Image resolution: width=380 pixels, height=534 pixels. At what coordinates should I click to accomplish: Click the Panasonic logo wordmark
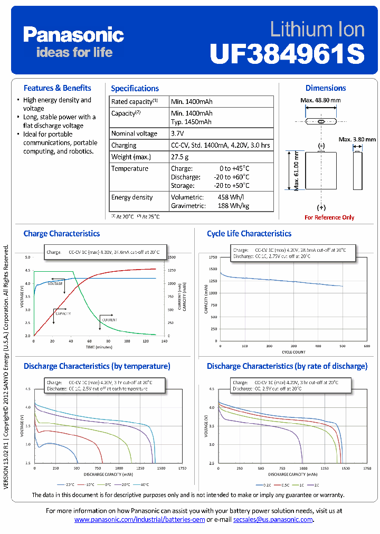tap(73, 35)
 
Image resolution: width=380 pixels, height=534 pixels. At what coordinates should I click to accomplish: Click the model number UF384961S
tap(287, 53)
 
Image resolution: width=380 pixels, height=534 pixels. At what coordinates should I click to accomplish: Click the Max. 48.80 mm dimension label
tap(320, 100)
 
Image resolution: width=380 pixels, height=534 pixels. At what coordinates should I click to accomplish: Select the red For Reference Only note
tap(329, 217)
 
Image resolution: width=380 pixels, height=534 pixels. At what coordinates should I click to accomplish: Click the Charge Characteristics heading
tap(62, 233)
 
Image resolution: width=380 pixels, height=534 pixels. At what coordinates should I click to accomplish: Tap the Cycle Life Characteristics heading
tap(249, 233)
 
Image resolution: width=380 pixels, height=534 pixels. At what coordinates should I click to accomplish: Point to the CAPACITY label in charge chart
tap(63, 314)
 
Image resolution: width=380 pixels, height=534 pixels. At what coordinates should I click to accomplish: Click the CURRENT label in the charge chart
tap(110, 320)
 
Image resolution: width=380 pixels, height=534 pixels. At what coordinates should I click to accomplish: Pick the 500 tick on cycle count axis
tap(343, 346)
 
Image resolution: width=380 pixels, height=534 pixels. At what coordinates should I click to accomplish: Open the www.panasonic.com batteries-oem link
tap(139, 520)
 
